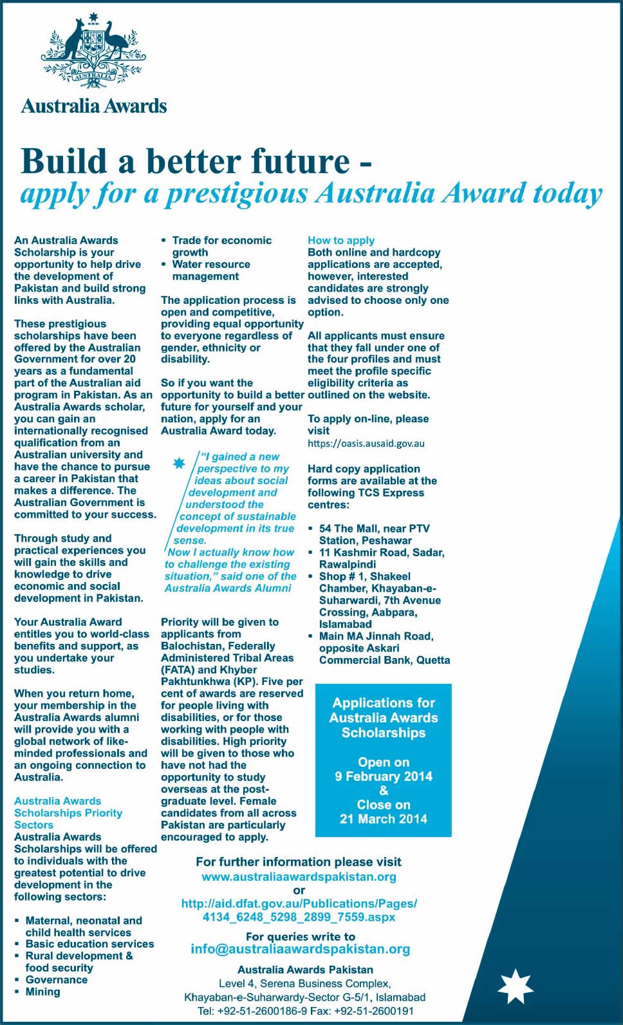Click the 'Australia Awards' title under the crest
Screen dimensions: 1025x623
tap(94, 106)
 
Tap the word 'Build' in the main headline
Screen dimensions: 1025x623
tap(62, 161)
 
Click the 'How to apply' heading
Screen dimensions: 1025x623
tap(341, 240)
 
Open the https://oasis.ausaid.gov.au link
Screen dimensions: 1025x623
tap(366, 444)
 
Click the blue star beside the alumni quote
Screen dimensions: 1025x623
tap(179, 463)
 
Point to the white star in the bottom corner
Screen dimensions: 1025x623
tap(516, 986)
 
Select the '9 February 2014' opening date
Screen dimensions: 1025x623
tap(384, 776)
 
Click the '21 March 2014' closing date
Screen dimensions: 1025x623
tap(384, 819)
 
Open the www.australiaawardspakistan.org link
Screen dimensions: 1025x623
tap(299, 877)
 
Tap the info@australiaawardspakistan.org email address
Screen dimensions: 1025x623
tap(300, 949)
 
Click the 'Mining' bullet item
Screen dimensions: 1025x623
tap(42, 992)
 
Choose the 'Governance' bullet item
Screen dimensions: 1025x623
tap(56, 979)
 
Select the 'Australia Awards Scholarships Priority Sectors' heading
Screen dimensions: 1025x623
tap(68, 813)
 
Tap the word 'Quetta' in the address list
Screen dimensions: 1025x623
tap(433, 660)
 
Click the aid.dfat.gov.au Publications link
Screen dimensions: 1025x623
tap(299, 910)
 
